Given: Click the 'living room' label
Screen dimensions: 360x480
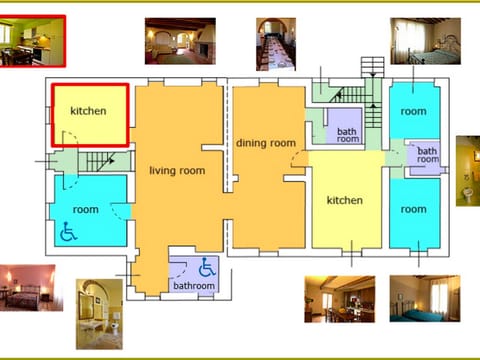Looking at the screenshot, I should click(x=177, y=171).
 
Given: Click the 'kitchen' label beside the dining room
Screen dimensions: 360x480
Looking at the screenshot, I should click(x=345, y=201).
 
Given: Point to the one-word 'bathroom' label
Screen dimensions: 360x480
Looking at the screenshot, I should click(x=193, y=286).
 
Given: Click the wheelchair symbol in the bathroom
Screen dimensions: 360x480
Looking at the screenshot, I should click(x=207, y=268).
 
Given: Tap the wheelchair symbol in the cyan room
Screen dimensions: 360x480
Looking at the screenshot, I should click(x=69, y=234).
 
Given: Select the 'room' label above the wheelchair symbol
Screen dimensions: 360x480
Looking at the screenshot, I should click(x=85, y=210).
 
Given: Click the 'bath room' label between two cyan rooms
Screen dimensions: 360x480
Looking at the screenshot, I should click(x=427, y=154).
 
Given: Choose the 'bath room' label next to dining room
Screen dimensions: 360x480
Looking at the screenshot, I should click(x=347, y=135).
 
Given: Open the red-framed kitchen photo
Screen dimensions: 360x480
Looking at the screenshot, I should click(x=32, y=41).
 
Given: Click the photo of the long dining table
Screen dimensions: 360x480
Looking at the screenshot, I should click(x=275, y=42).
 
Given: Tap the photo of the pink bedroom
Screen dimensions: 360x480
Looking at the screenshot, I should click(x=27, y=289).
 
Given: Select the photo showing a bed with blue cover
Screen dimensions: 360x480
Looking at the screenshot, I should click(x=424, y=299).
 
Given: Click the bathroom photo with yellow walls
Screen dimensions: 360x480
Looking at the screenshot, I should click(x=468, y=170).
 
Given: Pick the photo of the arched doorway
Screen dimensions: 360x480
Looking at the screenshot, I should click(x=99, y=313).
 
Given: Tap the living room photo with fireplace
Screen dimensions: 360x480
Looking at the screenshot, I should click(x=180, y=41).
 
